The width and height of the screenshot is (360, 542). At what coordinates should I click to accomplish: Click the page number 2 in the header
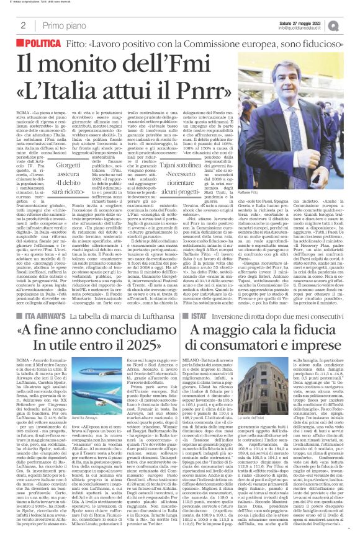(x=22, y=25)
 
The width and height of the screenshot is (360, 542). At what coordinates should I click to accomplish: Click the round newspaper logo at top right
(x=348, y=25)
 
